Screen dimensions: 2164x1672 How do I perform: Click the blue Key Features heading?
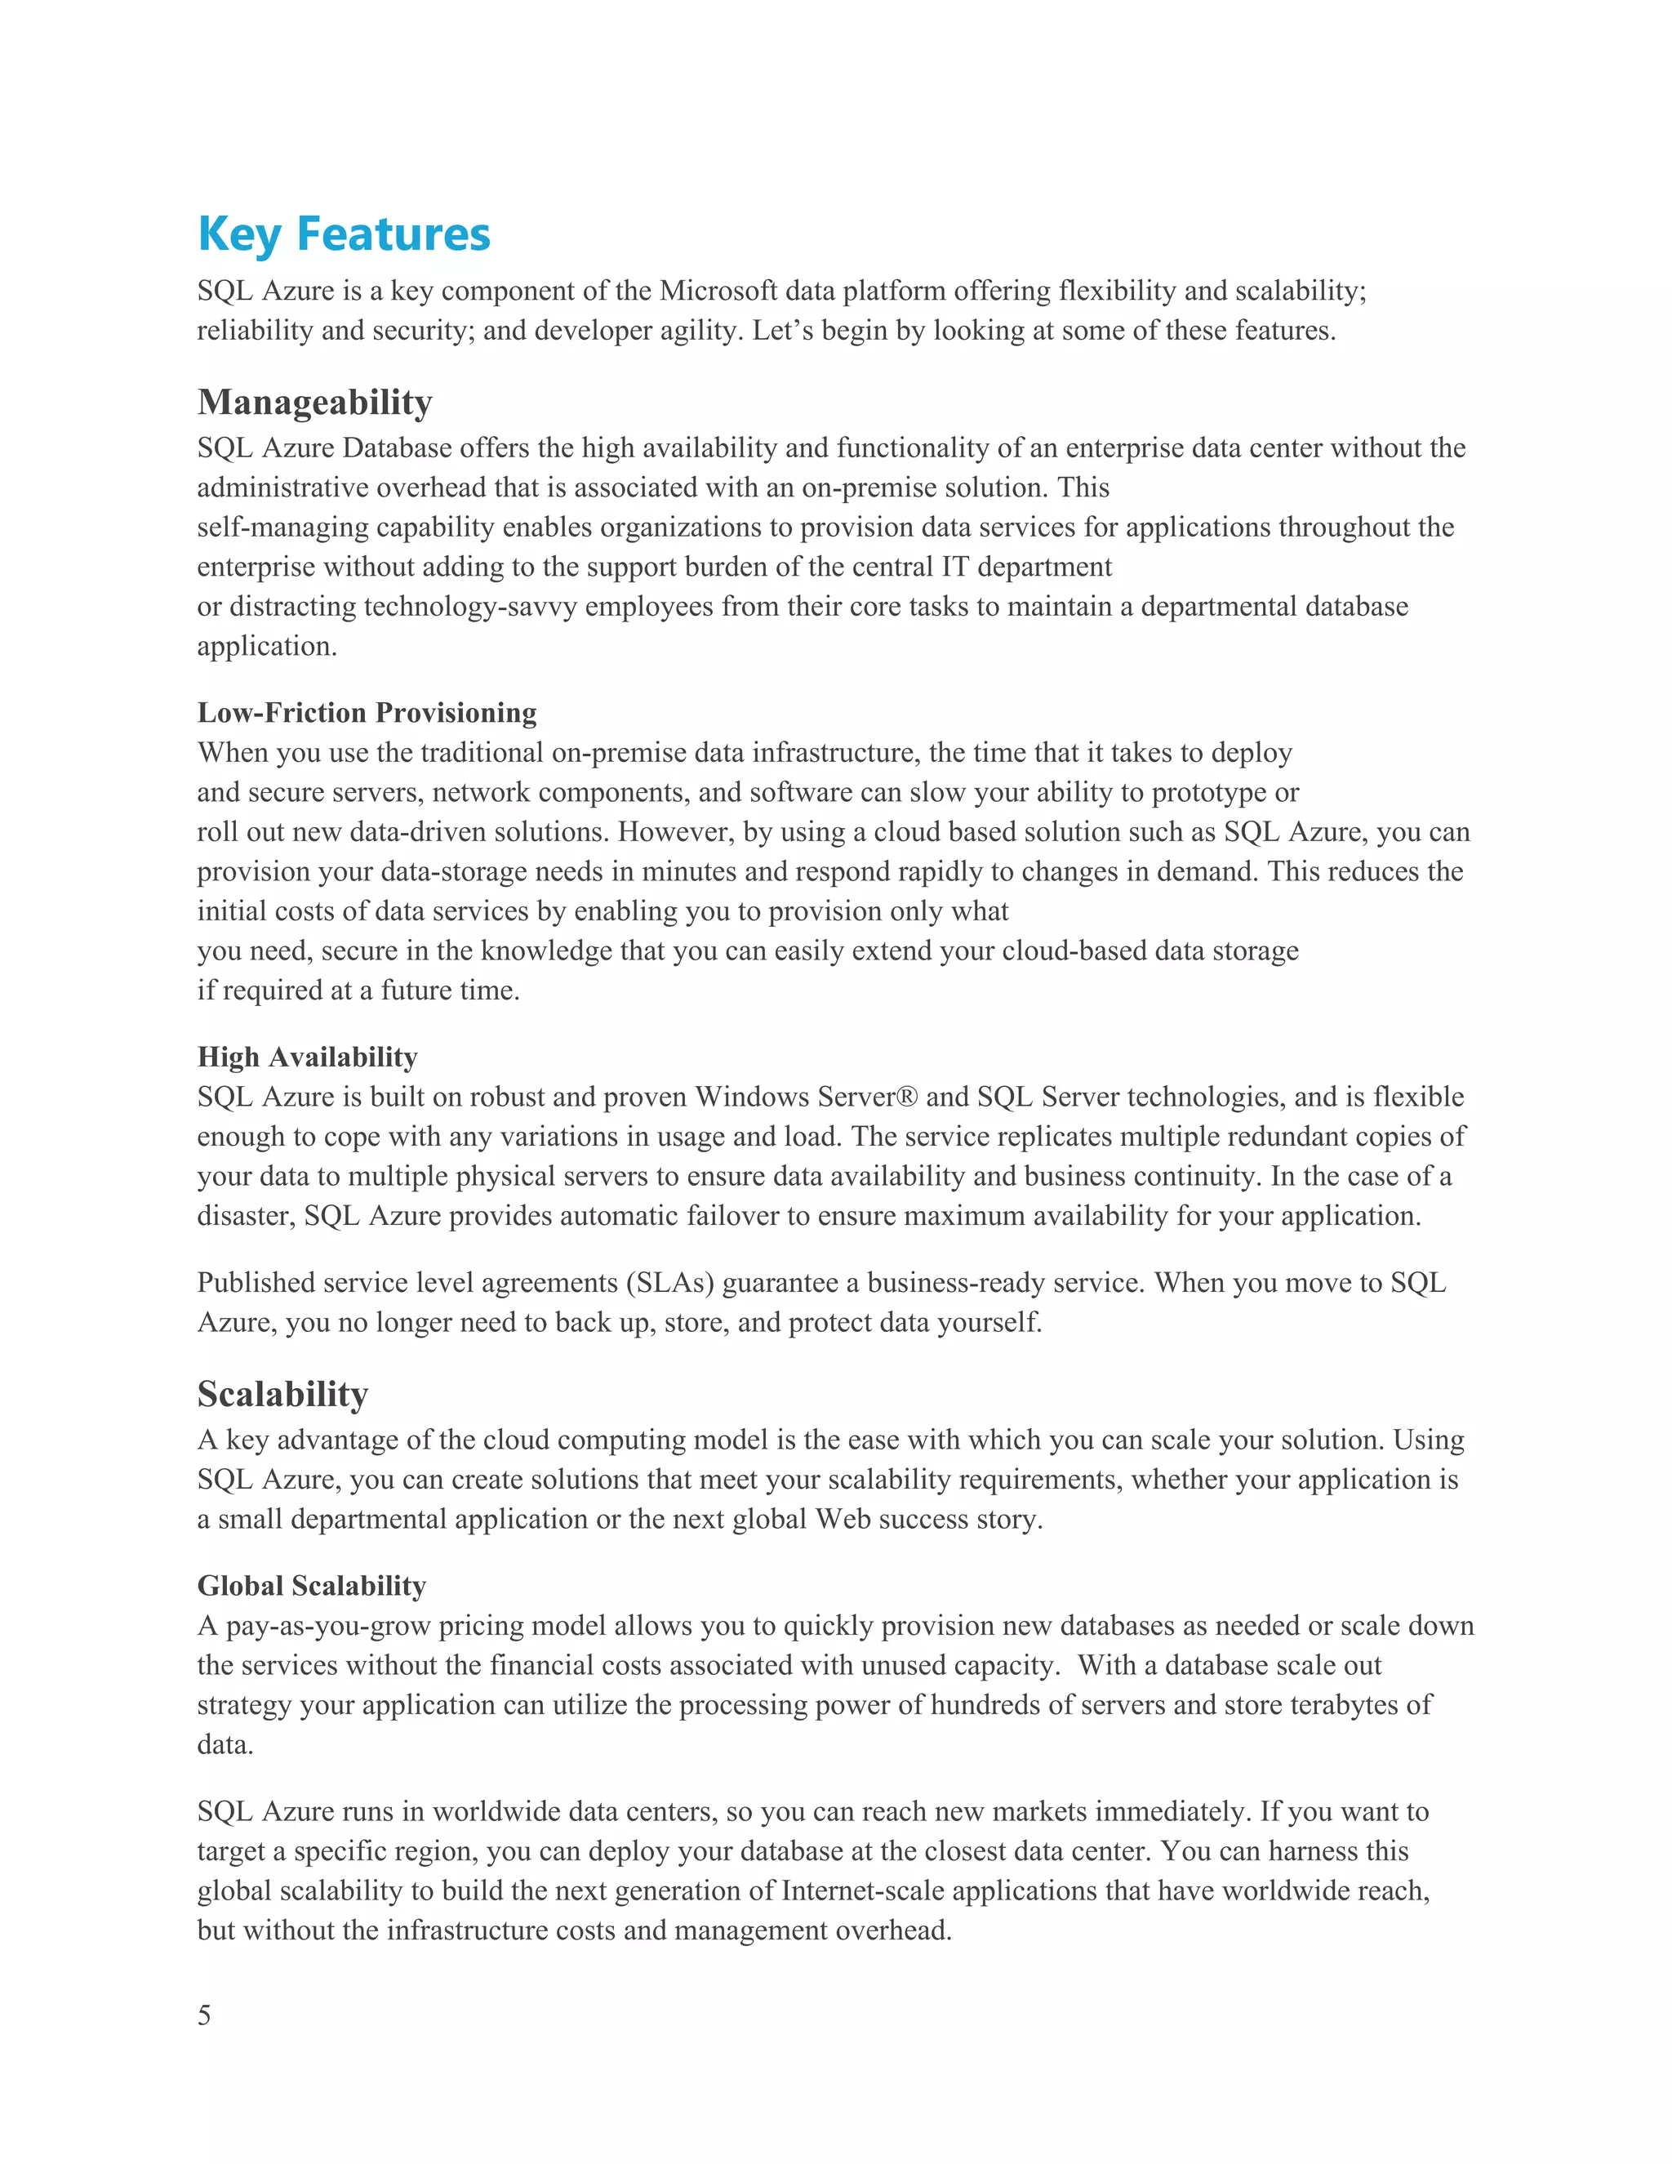pos(344,235)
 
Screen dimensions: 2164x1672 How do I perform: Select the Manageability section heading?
pos(315,403)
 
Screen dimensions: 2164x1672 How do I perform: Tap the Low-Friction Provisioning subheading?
pos(367,712)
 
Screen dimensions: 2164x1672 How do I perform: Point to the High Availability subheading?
pos(307,1058)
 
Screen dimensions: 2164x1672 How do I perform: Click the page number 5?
pos(204,2015)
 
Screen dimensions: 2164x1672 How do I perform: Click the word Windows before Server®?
pos(753,1097)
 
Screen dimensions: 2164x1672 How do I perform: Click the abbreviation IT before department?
pos(955,567)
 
